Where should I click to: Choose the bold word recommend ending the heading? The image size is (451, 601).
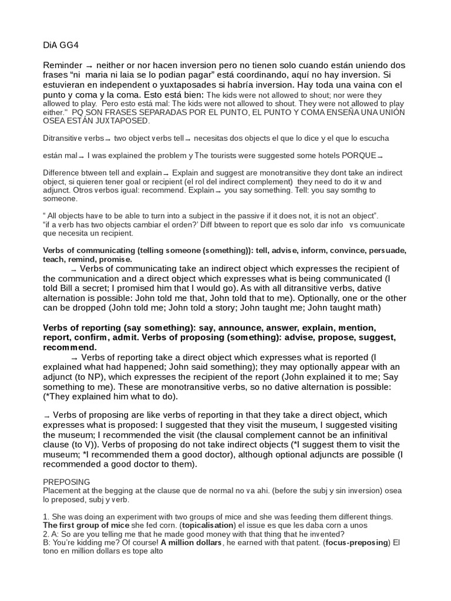68,347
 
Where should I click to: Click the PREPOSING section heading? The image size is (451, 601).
67,481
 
